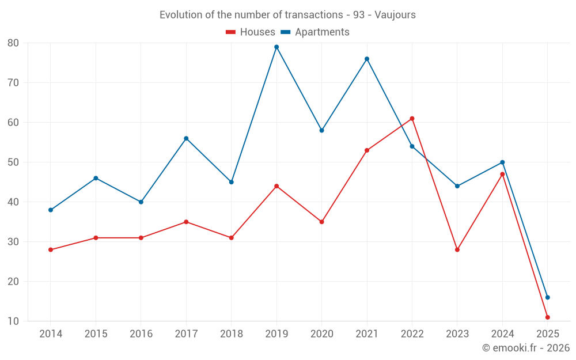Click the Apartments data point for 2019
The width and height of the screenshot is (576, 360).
tap(276, 47)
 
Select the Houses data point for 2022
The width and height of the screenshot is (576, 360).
tap(412, 119)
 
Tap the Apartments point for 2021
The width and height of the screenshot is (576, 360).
tap(367, 59)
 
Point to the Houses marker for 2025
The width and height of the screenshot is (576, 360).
tap(547, 317)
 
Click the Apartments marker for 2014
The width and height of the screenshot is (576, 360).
tap(51, 210)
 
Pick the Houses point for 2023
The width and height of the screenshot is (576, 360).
tap(457, 250)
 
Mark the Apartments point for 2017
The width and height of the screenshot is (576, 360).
tap(186, 138)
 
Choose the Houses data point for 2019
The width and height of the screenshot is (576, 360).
tap(276, 186)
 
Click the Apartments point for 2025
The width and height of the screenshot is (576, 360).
tap(547, 298)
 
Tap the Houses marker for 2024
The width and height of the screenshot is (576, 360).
tap(502, 175)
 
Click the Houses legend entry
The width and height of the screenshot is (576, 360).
tap(251, 32)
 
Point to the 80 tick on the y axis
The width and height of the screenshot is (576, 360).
tap(13, 43)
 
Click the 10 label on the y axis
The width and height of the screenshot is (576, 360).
tap(13, 321)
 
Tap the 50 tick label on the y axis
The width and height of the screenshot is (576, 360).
tap(13, 162)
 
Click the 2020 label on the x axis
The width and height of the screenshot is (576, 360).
tap(321, 334)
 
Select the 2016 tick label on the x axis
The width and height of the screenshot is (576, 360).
tap(141, 334)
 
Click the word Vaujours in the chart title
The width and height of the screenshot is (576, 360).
tap(395, 15)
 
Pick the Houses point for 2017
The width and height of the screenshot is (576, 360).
tap(186, 222)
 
